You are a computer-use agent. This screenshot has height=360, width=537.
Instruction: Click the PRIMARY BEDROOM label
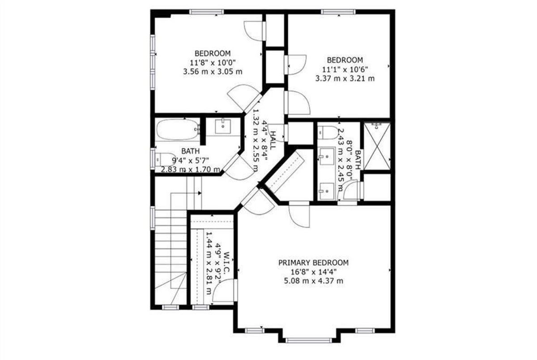click(x=313, y=263)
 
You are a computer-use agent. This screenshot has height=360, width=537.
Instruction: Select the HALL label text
click(x=273, y=140)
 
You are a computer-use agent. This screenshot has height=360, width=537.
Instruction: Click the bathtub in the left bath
click(x=178, y=130)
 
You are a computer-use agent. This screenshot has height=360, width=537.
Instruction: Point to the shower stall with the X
click(x=377, y=146)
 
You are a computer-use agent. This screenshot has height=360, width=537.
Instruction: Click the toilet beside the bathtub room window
click(x=166, y=159)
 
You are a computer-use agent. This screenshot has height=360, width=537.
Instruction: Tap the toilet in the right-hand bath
click(x=328, y=133)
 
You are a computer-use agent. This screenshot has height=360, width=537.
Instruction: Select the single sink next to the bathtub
click(x=223, y=126)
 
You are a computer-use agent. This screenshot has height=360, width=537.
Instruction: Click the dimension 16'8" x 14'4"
click(x=314, y=272)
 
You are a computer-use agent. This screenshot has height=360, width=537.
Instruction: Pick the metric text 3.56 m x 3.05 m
click(x=213, y=72)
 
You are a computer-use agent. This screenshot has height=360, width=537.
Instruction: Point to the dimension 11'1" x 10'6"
click(x=345, y=69)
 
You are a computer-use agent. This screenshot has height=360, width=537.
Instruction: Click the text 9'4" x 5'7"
click(x=191, y=160)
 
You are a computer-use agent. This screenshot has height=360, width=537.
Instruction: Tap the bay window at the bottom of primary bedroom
click(x=309, y=340)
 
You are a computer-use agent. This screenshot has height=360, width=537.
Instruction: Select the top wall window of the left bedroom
click(x=206, y=12)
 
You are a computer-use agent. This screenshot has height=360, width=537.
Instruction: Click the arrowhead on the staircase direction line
click(x=200, y=193)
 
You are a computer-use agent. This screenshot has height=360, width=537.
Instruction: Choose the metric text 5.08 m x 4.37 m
click(x=314, y=281)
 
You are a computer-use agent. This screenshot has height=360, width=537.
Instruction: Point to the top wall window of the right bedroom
click(x=338, y=12)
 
